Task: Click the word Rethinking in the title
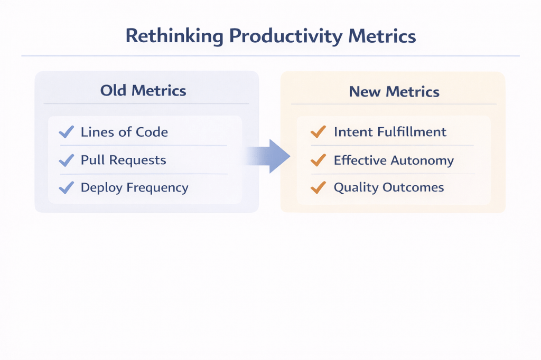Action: [174, 36]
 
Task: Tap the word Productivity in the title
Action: [286, 36]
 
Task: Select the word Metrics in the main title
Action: [382, 36]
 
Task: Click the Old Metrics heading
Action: [143, 91]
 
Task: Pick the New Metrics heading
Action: [394, 92]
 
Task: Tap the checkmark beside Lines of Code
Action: [67, 132]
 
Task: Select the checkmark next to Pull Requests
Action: [67, 160]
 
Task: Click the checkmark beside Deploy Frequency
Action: [67, 187]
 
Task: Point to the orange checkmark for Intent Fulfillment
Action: [318, 132]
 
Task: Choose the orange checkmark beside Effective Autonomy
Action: [318, 160]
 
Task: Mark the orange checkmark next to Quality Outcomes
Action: [318, 187]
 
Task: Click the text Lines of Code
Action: [124, 132]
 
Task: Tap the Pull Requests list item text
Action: [124, 160]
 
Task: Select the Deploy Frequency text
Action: [135, 188]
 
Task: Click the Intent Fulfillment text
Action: [390, 132]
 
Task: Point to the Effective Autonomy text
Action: [394, 160]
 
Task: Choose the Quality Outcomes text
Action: [389, 187]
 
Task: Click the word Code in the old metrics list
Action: [152, 132]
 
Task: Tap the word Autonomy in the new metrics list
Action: [422, 161]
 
